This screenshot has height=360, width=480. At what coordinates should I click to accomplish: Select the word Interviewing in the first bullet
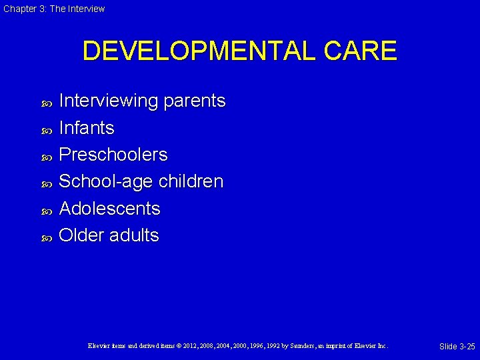point(109,101)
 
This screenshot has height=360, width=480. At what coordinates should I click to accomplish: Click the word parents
point(195,101)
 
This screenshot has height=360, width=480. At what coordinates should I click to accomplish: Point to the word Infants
point(87,127)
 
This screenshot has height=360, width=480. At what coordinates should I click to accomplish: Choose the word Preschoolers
point(113,155)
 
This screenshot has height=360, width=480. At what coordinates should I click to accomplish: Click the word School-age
point(105,181)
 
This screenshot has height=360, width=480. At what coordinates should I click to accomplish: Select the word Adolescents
point(110,209)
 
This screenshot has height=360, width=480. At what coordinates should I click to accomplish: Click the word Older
point(81,235)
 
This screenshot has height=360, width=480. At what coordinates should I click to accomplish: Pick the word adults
point(134,235)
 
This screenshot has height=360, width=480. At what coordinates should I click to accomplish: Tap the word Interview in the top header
point(87,9)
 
